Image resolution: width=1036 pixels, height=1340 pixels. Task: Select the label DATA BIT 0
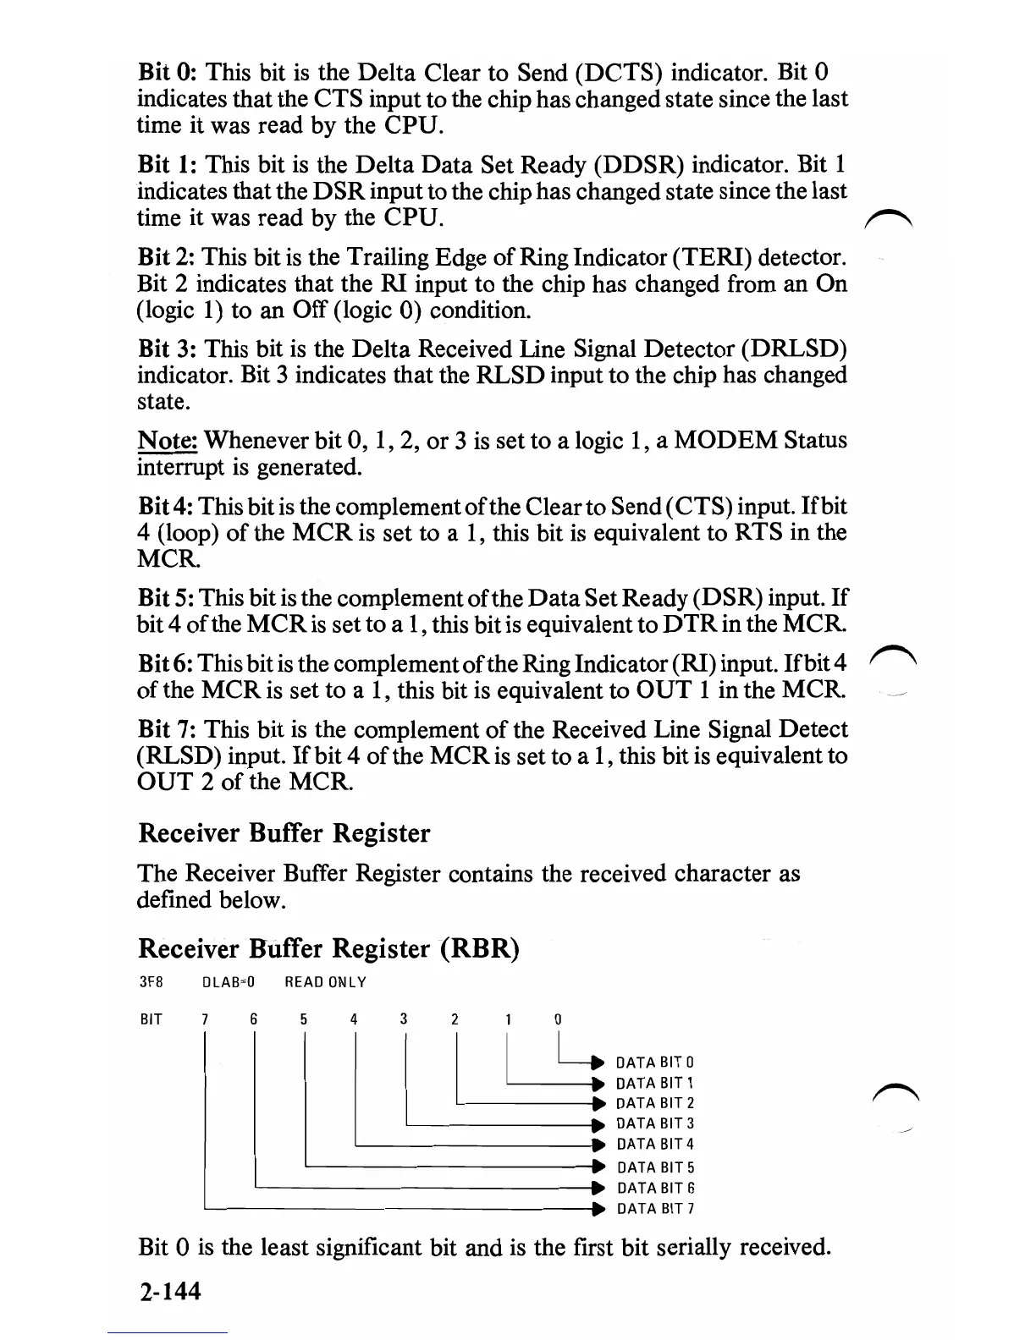tap(655, 1063)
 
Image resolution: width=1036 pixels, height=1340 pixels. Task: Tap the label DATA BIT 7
tap(655, 1209)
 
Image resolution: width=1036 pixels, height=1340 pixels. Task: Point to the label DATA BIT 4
tap(655, 1145)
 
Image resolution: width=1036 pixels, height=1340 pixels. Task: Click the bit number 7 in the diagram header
tap(205, 1019)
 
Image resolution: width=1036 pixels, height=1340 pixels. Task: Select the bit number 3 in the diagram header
tap(405, 1019)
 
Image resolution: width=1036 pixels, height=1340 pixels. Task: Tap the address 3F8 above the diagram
tap(150, 982)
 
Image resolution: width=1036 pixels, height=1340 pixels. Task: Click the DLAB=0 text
tap(229, 982)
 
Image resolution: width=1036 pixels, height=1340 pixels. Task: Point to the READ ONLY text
tap(325, 982)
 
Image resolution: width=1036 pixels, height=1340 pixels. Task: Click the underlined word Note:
tap(168, 441)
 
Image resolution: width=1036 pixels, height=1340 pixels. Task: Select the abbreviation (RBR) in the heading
tap(479, 948)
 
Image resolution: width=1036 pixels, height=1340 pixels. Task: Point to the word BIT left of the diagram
tap(151, 1019)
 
